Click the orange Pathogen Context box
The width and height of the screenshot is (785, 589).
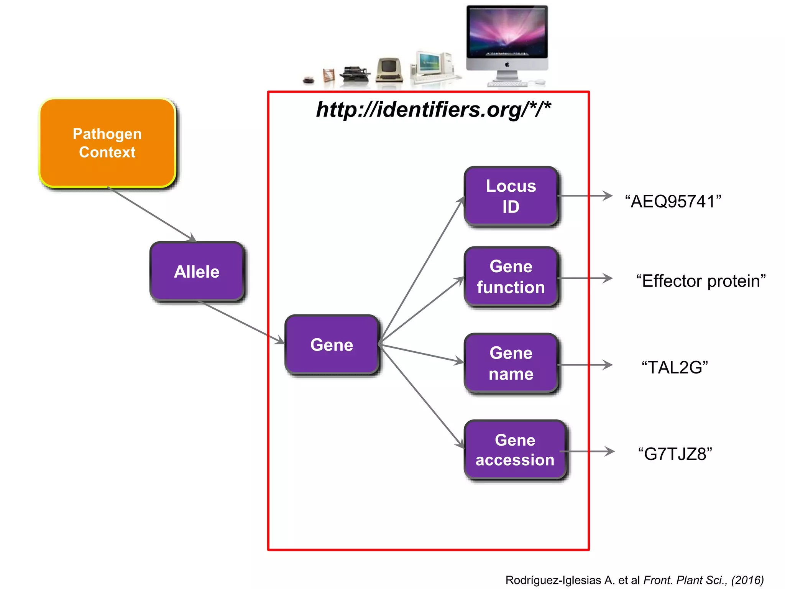(x=107, y=143)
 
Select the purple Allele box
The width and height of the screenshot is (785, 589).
(x=197, y=271)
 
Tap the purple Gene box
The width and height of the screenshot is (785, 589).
(x=332, y=344)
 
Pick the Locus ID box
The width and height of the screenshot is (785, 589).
(x=511, y=196)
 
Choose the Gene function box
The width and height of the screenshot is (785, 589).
(x=511, y=276)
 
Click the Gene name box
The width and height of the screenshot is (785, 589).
(x=511, y=363)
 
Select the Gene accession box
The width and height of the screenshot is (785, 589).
(x=515, y=449)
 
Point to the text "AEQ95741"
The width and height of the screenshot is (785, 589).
(x=673, y=201)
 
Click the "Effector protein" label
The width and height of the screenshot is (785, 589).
(x=701, y=281)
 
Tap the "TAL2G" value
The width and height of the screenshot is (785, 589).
(x=675, y=367)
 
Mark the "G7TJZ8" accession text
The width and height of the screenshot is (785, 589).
(x=675, y=454)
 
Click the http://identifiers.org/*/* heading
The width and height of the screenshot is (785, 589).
(x=433, y=110)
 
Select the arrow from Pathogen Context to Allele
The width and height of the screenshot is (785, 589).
(x=151, y=214)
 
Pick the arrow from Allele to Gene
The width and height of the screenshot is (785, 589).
(x=241, y=322)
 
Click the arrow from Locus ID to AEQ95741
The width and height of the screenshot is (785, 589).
(x=585, y=196)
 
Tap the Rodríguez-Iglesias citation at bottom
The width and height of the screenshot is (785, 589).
(x=634, y=580)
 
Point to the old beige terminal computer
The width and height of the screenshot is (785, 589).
(x=389, y=70)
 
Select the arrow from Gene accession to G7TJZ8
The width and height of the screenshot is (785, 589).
(x=588, y=451)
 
